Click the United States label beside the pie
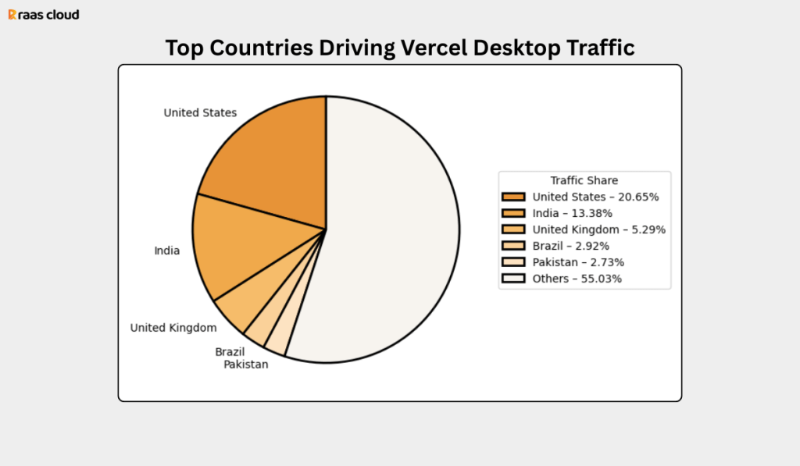pyautogui.click(x=200, y=113)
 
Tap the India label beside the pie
pyautogui.click(x=167, y=251)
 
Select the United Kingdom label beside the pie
pyautogui.click(x=173, y=328)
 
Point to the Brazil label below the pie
pyautogui.click(x=230, y=352)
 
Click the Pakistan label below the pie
pyautogui.click(x=246, y=365)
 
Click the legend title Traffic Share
pyautogui.click(x=584, y=180)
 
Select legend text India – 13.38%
pyautogui.click(x=573, y=213)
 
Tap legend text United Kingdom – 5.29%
pyautogui.click(x=599, y=229)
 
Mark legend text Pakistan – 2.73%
pyautogui.click(x=578, y=262)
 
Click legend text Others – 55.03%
pyautogui.click(x=577, y=279)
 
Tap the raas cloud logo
pyautogui.click(x=44, y=15)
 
